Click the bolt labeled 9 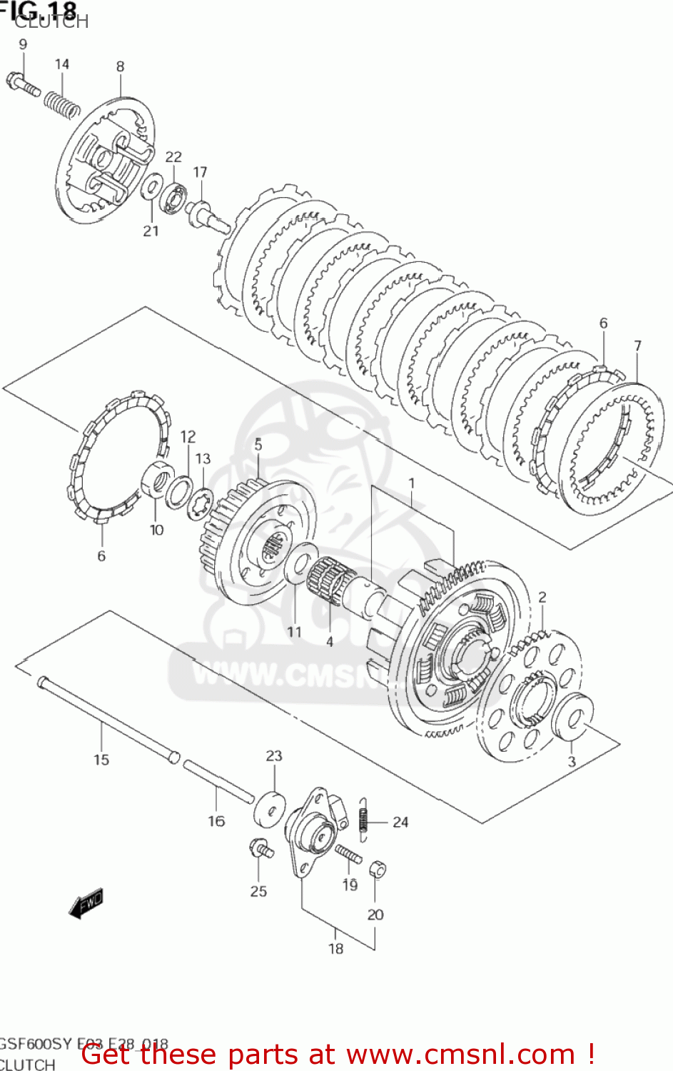coord(23,85)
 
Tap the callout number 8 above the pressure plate coord(120,66)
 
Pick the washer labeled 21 coord(151,187)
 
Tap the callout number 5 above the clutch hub coord(258,444)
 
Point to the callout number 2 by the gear coord(542,598)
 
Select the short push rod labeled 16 coord(218,781)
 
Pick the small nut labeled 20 coord(378,870)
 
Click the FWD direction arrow coord(86,903)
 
